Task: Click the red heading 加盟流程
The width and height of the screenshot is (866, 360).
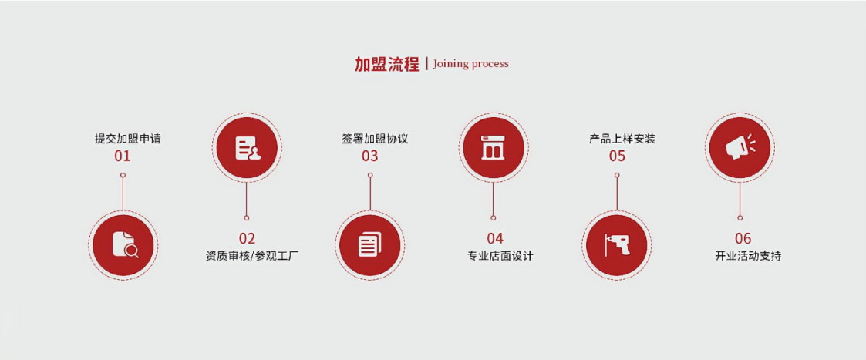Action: click(386, 64)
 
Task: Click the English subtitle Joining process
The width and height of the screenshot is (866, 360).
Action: click(470, 64)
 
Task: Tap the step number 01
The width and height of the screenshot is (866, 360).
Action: click(123, 156)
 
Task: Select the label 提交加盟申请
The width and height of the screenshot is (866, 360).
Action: click(127, 139)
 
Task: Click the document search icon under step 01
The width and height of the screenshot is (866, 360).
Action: click(123, 245)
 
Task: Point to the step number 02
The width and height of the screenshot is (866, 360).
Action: click(247, 238)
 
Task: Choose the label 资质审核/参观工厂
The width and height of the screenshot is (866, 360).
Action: click(247, 256)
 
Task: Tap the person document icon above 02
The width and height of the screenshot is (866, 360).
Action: click(247, 148)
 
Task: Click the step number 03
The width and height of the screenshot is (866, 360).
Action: click(370, 156)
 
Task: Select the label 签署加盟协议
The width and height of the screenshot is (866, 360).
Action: click(375, 139)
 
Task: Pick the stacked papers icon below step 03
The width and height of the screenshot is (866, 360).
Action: click(370, 245)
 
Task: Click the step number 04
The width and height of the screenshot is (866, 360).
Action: click(494, 238)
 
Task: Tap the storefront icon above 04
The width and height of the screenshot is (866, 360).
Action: click(493, 148)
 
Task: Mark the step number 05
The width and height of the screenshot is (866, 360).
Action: click(617, 156)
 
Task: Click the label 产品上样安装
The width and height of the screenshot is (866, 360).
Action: click(622, 139)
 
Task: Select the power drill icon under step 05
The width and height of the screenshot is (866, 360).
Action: click(617, 245)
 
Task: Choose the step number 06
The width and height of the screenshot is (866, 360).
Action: click(743, 238)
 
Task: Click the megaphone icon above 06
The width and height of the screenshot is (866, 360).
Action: click(740, 148)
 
